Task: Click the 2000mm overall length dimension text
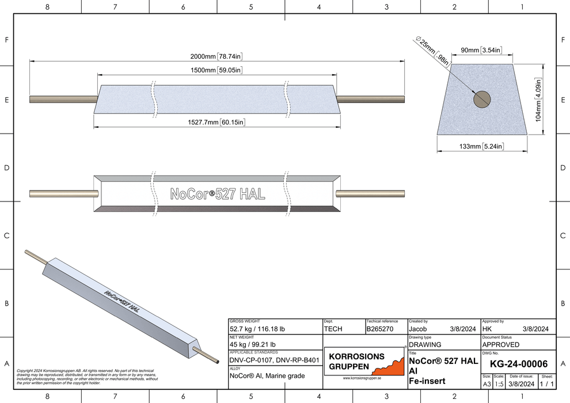[215, 56]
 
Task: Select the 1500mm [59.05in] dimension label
[215, 70]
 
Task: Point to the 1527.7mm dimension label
[216, 122]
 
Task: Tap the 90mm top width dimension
[482, 51]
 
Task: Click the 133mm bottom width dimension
[482, 147]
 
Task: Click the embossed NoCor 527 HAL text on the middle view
[218, 194]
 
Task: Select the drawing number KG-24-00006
[518, 364]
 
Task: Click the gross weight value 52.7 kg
[256, 329]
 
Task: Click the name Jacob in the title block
[418, 329]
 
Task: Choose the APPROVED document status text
[500, 344]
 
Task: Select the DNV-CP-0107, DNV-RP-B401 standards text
[274, 360]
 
